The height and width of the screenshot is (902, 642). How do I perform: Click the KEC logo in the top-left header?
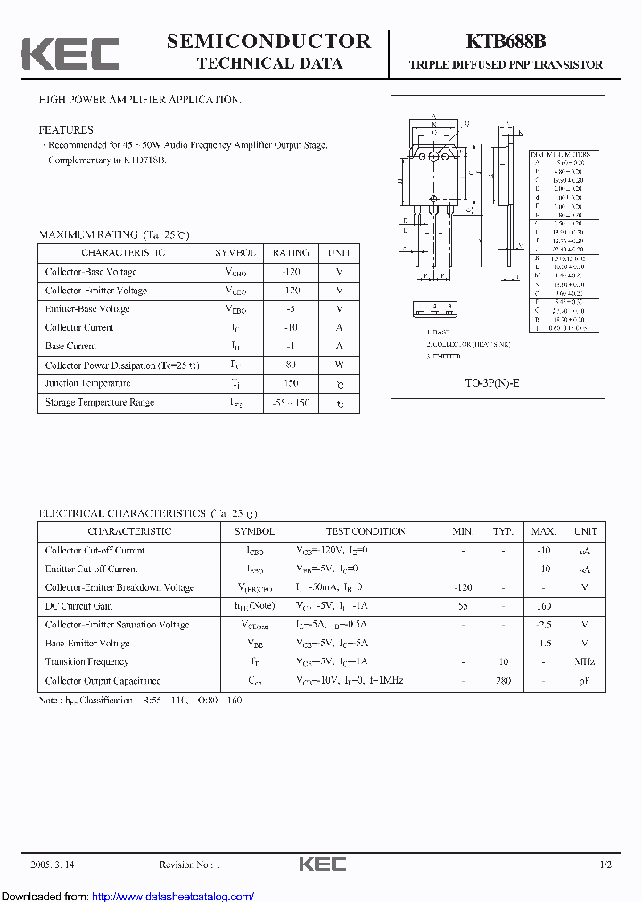[x=70, y=54]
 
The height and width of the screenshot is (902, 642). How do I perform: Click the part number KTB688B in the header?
[x=506, y=41]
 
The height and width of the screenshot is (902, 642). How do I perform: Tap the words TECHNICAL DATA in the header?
[x=268, y=63]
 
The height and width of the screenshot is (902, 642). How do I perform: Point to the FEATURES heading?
[x=65, y=129]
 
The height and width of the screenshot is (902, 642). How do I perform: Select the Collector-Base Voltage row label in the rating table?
[x=91, y=272]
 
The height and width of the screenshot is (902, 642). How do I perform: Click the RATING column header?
[x=291, y=253]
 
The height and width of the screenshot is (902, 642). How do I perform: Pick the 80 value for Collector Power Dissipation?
[x=291, y=365]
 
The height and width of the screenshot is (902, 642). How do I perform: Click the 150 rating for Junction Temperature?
[x=291, y=383]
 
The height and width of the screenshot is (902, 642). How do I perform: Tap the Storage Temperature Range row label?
[x=100, y=402]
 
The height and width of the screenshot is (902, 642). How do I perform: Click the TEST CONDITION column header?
[x=366, y=531]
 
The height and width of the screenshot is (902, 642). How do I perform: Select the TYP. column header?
[x=504, y=531]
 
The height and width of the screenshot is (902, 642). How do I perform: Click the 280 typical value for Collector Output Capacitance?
[x=504, y=681]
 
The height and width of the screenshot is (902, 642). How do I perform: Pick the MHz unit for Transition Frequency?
[x=585, y=662]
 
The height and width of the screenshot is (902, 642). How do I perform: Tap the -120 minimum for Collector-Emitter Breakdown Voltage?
[x=463, y=587]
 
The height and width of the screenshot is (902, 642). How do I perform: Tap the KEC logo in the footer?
[x=322, y=865]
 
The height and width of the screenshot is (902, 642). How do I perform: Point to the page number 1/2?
[x=605, y=865]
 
